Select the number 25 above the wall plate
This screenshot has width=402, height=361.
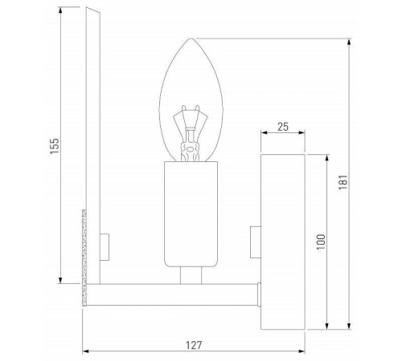[x=281, y=126]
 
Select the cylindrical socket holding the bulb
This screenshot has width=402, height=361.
[x=191, y=214]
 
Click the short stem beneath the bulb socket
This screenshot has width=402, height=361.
[x=191, y=275]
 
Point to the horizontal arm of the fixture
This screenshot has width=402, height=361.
[x=173, y=295]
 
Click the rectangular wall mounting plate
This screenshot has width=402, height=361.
[x=282, y=241]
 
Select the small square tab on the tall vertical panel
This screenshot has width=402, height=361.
[x=104, y=244]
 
